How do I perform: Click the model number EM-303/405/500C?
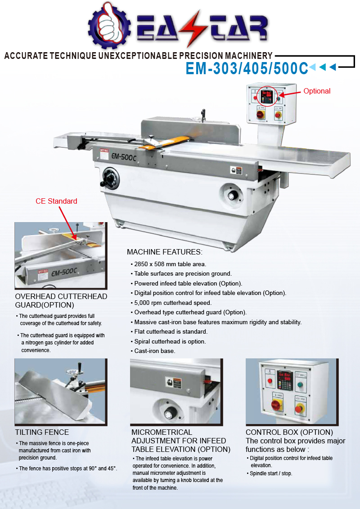coord(247,68)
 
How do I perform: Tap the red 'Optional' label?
coord(316,91)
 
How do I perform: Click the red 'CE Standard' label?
coord(56,201)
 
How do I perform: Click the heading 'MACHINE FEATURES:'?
coord(164,252)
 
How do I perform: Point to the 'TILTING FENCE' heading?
coord(42,432)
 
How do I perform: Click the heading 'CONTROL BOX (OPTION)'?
coord(289,432)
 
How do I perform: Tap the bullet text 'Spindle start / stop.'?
coord(271,473)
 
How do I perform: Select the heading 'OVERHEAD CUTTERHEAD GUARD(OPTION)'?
coord(61,300)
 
